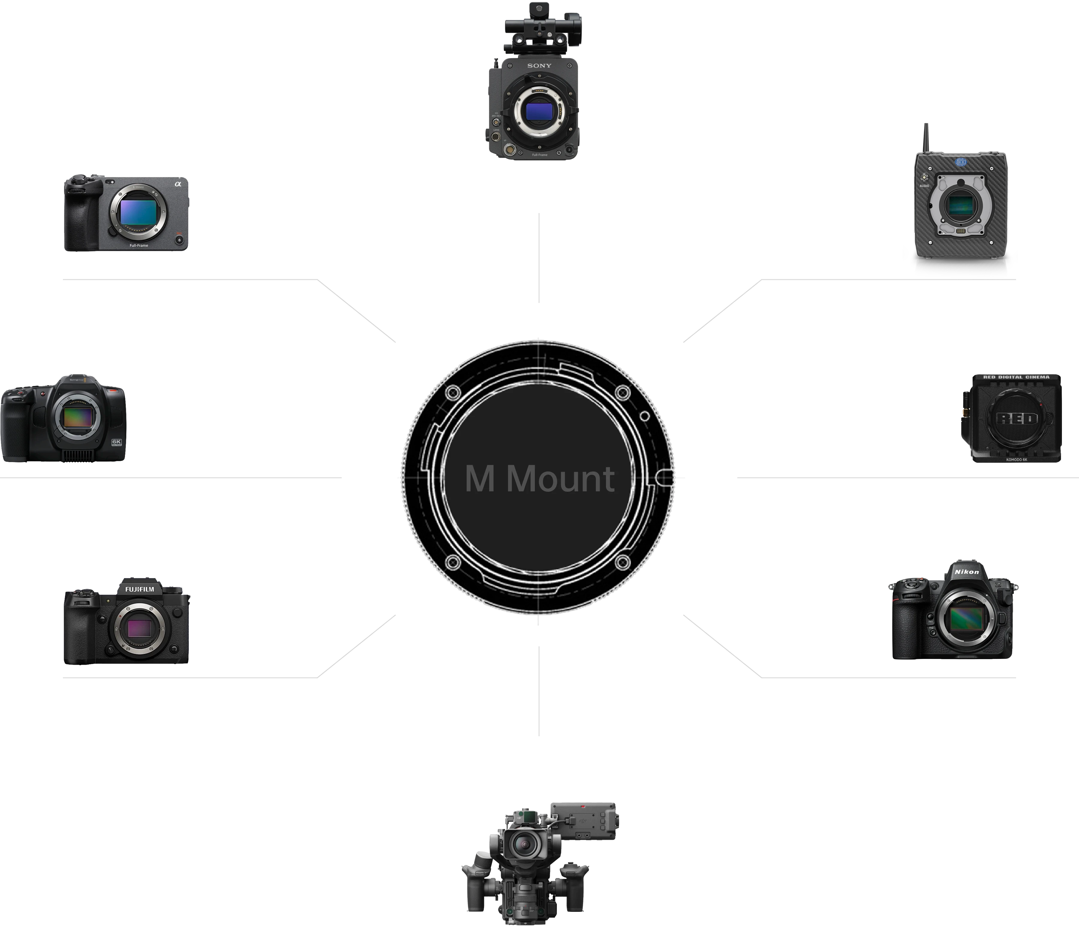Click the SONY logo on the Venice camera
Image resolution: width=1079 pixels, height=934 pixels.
(x=539, y=66)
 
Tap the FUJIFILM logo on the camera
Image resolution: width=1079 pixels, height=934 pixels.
(x=140, y=589)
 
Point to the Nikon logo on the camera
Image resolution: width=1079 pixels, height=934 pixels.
(x=966, y=572)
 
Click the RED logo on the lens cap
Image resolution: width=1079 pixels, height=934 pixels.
(x=1016, y=419)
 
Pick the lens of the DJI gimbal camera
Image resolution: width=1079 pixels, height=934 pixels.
(x=521, y=843)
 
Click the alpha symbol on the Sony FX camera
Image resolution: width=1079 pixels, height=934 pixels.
(x=178, y=183)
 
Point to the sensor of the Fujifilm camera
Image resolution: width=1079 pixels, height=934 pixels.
(x=137, y=629)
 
